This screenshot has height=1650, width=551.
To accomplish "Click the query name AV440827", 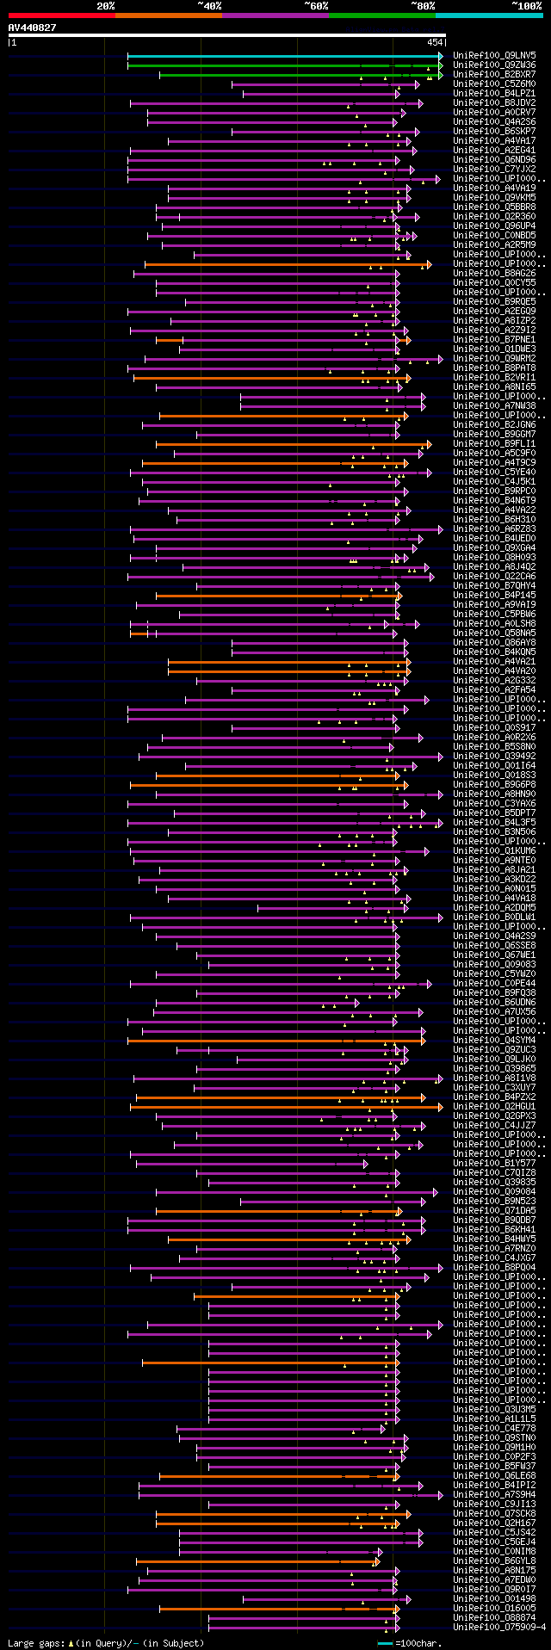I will pyautogui.click(x=33, y=28).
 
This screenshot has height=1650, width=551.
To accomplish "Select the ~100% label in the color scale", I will pyautogui.click(x=525, y=6).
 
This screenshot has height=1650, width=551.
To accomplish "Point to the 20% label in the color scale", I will pyautogui.click(x=106, y=6).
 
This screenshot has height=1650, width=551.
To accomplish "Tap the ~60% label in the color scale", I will pyautogui.click(x=316, y=6).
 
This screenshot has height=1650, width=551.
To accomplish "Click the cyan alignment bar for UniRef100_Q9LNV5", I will pyautogui.click(x=284, y=56).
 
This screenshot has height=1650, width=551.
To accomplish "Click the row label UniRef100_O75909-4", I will pyautogui.click(x=498, y=1628).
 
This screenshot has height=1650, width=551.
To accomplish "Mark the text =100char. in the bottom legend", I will pyautogui.click(x=419, y=1643).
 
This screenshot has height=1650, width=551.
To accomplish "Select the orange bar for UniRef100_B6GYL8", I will pyautogui.click(x=258, y=1561).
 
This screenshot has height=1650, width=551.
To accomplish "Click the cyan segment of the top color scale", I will pyautogui.click(x=488, y=15).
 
